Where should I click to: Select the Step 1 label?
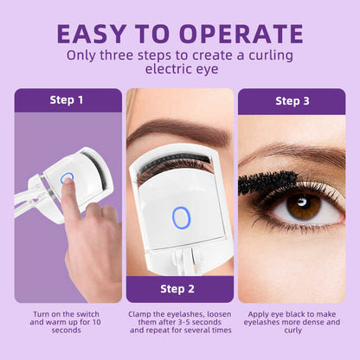pyautogui.click(x=67, y=100)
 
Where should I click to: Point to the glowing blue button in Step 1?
pyautogui.click(x=67, y=179)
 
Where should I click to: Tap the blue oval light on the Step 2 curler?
pyautogui.click(x=180, y=217)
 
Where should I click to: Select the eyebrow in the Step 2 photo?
pyautogui.click(x=177, y=132)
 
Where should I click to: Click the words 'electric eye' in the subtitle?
pyautogui.click(x=179, y=72)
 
